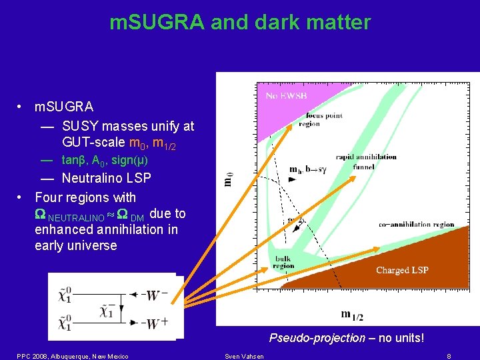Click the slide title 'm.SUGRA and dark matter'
(x=240, y=23)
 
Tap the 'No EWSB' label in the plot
(x=287, y=96)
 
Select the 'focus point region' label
(x=320, y=119)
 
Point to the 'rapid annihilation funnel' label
(x=366, y=162)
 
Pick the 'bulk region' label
(x=283, y=262)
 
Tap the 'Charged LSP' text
(x=402, y=270)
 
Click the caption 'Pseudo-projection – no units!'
(x=346, y=338)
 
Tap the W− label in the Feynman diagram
(x=154, y=293)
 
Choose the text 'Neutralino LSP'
(x=106, y=178)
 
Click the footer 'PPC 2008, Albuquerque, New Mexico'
(x=73, y=356)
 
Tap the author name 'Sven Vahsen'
(x=244, y=356)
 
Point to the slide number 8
(x=449, y=356)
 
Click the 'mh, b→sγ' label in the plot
(x=308, y=169)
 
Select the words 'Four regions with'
(x=85, y=197)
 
